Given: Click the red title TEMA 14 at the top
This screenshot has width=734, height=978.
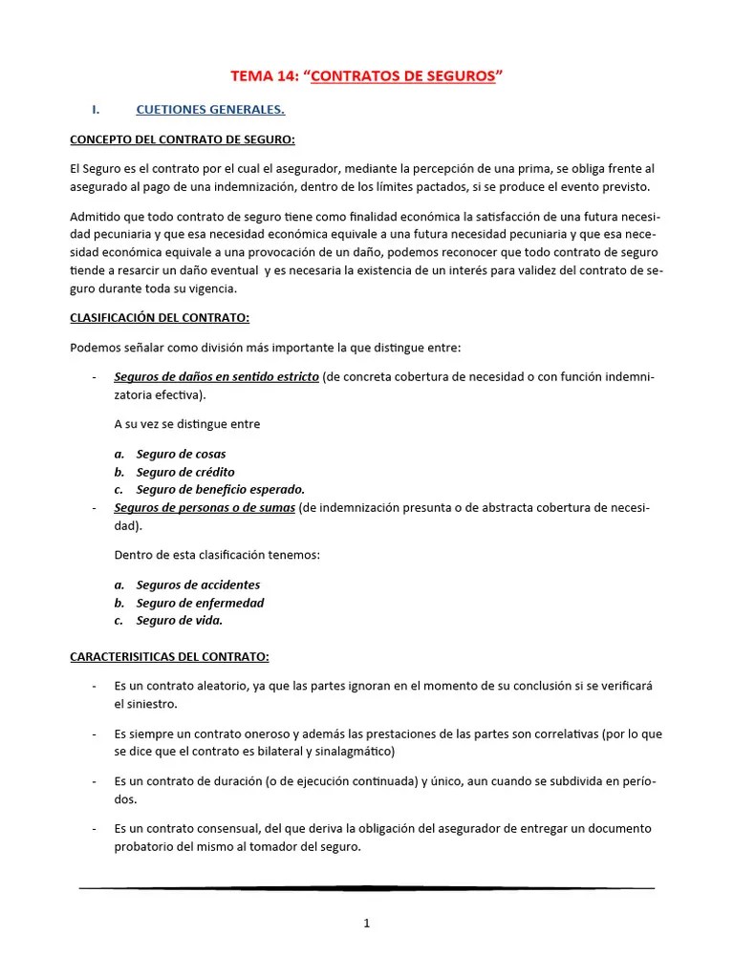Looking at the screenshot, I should pos(367,76).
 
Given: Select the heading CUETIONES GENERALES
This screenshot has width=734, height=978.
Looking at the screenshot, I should pos(210,110).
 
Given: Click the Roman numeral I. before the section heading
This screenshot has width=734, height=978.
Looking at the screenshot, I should pos(96,110).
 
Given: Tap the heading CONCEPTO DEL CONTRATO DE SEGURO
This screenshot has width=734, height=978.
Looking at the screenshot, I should pos(183,139).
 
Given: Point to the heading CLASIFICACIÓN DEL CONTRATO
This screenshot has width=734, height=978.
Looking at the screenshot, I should pos(160,317).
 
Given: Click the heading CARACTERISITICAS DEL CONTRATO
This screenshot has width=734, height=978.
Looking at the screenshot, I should pos(169,657).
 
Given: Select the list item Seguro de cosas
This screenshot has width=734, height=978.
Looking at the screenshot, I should pos(181,454).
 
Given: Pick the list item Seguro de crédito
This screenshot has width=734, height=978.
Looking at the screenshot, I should pos(184,472).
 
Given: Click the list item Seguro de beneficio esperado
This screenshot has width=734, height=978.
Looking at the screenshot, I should pos(220,489).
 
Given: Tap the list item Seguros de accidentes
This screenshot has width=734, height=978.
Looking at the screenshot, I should pos(198,585).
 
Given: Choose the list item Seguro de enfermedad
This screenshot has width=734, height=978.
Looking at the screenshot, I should pos(200,603).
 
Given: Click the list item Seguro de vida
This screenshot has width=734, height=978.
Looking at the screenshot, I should pos(179,620).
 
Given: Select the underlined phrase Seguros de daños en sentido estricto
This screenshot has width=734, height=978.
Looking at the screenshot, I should pos(216,376).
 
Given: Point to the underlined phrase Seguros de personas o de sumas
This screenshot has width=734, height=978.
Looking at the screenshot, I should pos(205,507).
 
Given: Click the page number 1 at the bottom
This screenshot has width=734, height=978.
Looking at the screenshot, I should pos(367,923).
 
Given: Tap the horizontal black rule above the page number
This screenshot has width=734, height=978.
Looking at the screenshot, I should pos(367,888).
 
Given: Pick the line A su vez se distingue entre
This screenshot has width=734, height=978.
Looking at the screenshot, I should pos(186,424).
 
